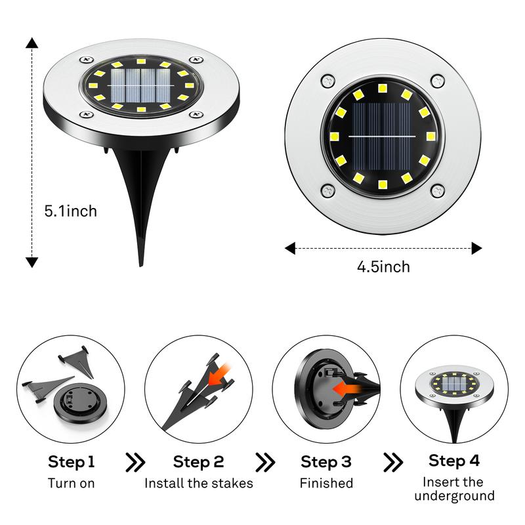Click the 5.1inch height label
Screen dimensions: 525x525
pos(70,211)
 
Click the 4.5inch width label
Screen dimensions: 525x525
pos(383,266)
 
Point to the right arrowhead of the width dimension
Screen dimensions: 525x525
pos(476,248)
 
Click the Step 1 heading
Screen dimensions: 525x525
pos(72,461)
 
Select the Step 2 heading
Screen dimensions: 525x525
pos(199,461)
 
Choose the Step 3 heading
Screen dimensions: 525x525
pos(326,461)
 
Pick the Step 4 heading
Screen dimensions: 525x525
pos(453,461)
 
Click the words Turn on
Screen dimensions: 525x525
pos(72,484)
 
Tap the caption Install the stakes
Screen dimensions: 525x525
pos(199,484)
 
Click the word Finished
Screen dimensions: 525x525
pos(326,484)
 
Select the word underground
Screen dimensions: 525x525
pos(454,496)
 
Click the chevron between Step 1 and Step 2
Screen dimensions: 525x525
pos(135,462)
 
